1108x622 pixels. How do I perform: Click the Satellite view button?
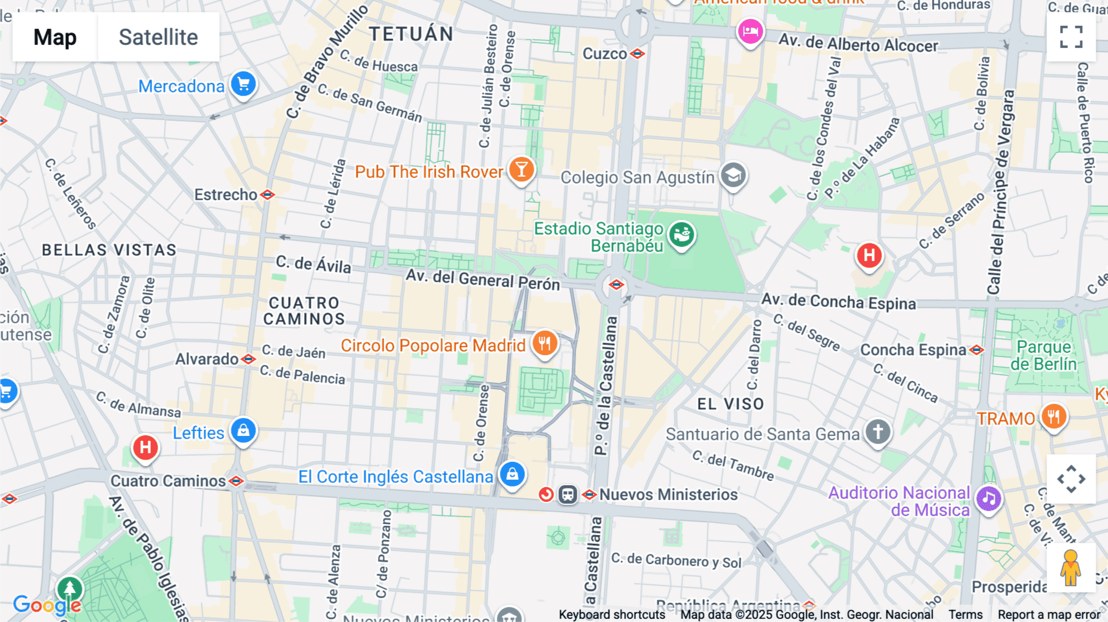pyautogui.click(x=158, y=37)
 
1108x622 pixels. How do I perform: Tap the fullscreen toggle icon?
pyautogui.click(x=1071, y=37)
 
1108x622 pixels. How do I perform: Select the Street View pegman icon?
pyautogui.click(x=1071, y=568)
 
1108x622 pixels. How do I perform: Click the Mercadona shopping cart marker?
pyautogui.click(x=243, y=84)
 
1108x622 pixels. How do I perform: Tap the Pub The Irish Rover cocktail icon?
pyautogui.click(x=521, y=169)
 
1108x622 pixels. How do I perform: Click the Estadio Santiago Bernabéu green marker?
pyautogui.click(x=681, y=235)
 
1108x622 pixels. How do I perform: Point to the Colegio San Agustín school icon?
pyautogui.click(x=733, y=176)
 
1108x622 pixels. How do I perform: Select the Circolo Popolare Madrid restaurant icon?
pyautogui.click(x=545, y=343)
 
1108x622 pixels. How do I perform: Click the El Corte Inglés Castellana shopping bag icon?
pyautogui.click(x=512, y=474)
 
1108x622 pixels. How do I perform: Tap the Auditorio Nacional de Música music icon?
pyautogui.click(x=989, y=498)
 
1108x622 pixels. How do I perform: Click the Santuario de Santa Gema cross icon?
pyautogui.click(x=878, y=431)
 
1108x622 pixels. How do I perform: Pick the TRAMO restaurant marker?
pyautogui.click(x=1054, y=417)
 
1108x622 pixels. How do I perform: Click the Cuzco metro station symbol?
pyautogui.click(x=638, y=54)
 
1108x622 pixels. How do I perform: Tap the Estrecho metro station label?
pyautogui.click(x=226, y=195)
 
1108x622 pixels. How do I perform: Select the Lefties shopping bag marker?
pyautogui.click(x=243, y=430)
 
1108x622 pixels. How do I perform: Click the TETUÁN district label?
pyautogui.click(x=411, y=34)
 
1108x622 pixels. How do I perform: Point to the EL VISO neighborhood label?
pyautogui.click(x=731, y=404)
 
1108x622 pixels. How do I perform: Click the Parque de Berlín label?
pyautogui.click(x=1043, y=355)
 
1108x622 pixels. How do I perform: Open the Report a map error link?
pyautogui.click(x=1049, y=615)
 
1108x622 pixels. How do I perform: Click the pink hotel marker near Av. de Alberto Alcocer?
pyautogui.click(x=750, y=30)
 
